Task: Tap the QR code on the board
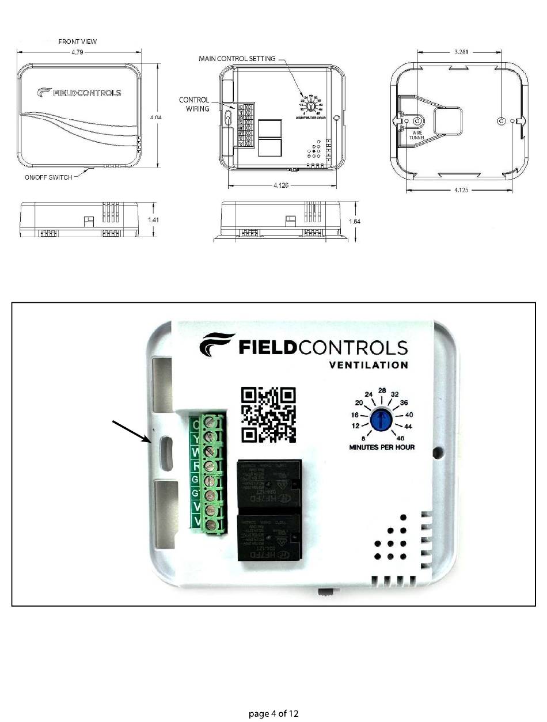tap(268, 414)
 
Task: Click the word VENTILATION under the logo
tap(369, 365)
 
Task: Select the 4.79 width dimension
tap(78, 52)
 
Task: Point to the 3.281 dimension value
tap(460, 51)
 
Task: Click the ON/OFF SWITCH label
tap(48, 177)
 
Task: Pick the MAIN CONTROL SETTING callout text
tap(237, 59)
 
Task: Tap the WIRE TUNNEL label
tap(416, 136)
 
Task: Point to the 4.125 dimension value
tap(461, 190)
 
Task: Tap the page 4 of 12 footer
tap(273, 714)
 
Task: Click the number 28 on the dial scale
tap(382, 390)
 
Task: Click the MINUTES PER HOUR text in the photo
tap(382, 447)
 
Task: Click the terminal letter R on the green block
tap(196, 465)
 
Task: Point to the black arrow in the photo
tap(132, 432)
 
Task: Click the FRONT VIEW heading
tap(78, 41)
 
